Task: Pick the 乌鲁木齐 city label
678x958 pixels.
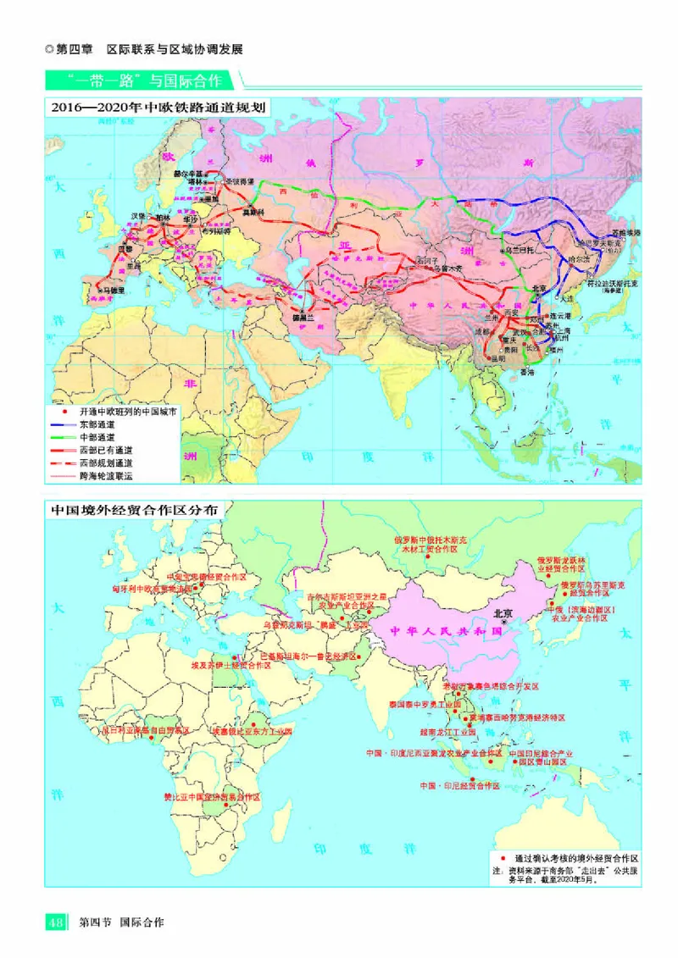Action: (448, 269)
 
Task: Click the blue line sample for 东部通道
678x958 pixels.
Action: (63, 422)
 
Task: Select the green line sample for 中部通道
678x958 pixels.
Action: (63, 435)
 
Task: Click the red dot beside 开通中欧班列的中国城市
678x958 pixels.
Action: (63, 409)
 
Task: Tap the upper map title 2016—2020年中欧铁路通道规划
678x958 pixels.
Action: (158, 108)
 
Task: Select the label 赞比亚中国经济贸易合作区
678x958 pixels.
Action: (212, 797)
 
